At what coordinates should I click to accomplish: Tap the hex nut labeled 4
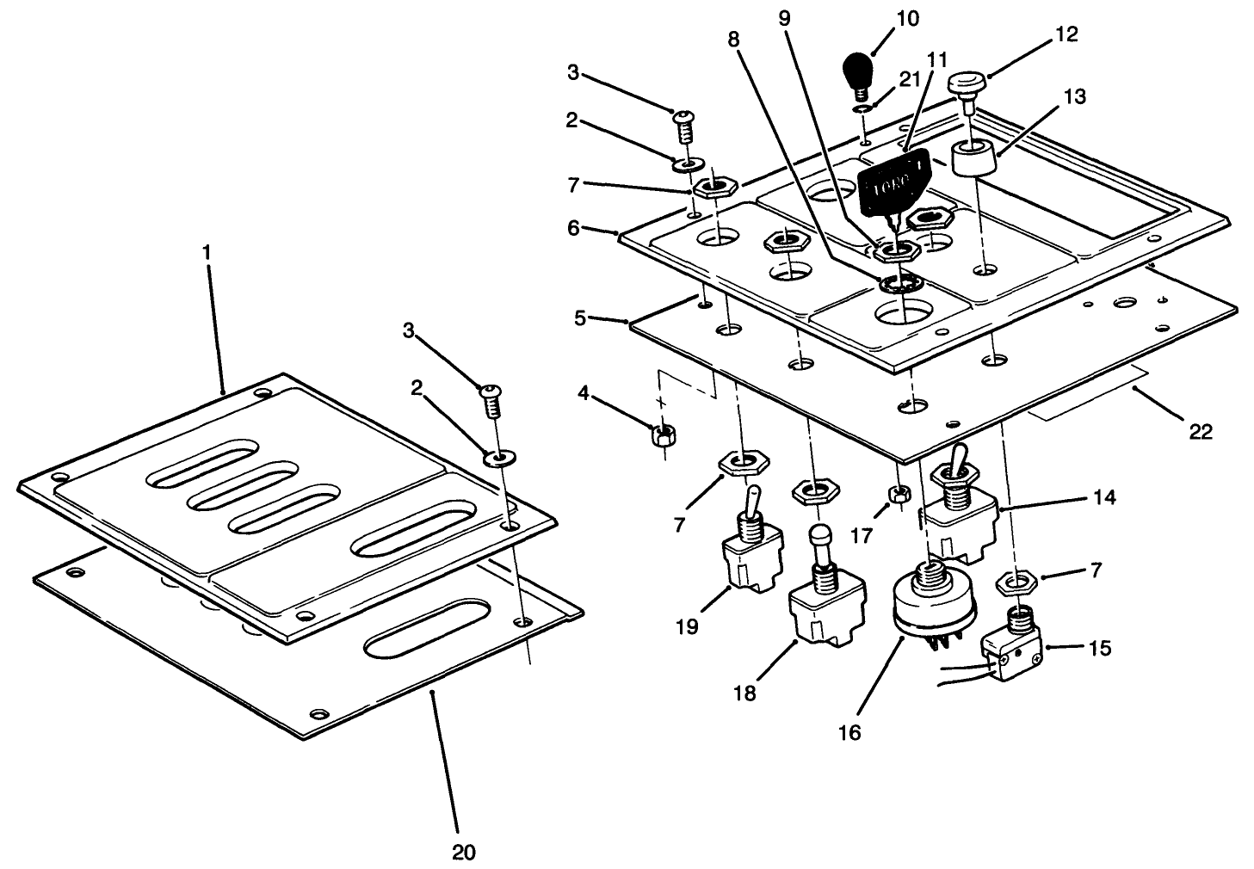coord(662,434)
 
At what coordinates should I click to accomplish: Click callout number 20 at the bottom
coord(463,852)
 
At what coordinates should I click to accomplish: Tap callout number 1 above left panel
coord(206,253)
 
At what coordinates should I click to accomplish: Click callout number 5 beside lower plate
coord(580,317)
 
